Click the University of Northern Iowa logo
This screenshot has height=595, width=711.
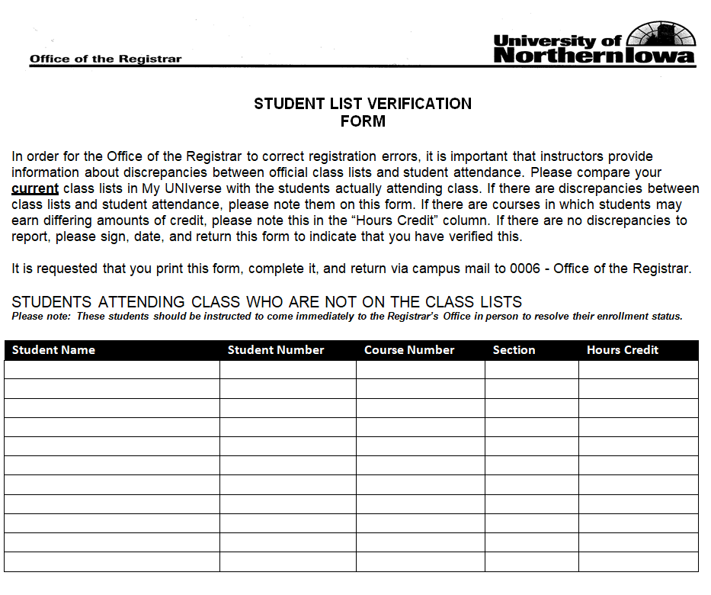click(x=594, y=44)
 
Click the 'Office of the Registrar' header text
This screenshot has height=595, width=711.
click(x=105, y=59)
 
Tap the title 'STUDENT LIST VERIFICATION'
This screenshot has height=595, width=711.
click(x=363, y=104)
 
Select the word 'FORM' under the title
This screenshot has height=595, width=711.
click(x=363, y=121)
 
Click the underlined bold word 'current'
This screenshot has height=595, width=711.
click(x=35, y=188)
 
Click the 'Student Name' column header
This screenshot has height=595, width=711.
click(x=53, y=350)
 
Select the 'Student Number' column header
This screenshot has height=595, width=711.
click(x=276, y=350)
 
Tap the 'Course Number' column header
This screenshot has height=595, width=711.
click(x=409, y=350)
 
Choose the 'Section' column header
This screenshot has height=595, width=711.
click(x=514, y=350)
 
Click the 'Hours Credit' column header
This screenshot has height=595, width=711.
click(x=623, y=350)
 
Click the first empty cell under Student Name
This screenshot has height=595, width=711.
click(x=112, y=370)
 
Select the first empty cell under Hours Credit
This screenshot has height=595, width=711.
click(x=638, y=370)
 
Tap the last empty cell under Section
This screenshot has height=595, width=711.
click(x=531, y=562)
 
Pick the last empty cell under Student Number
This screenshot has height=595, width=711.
click(x=287, y=562)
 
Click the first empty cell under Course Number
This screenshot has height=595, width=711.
click(x=420, y=370)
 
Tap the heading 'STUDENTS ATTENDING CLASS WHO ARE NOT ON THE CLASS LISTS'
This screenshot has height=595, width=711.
click(x=267, y=302)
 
